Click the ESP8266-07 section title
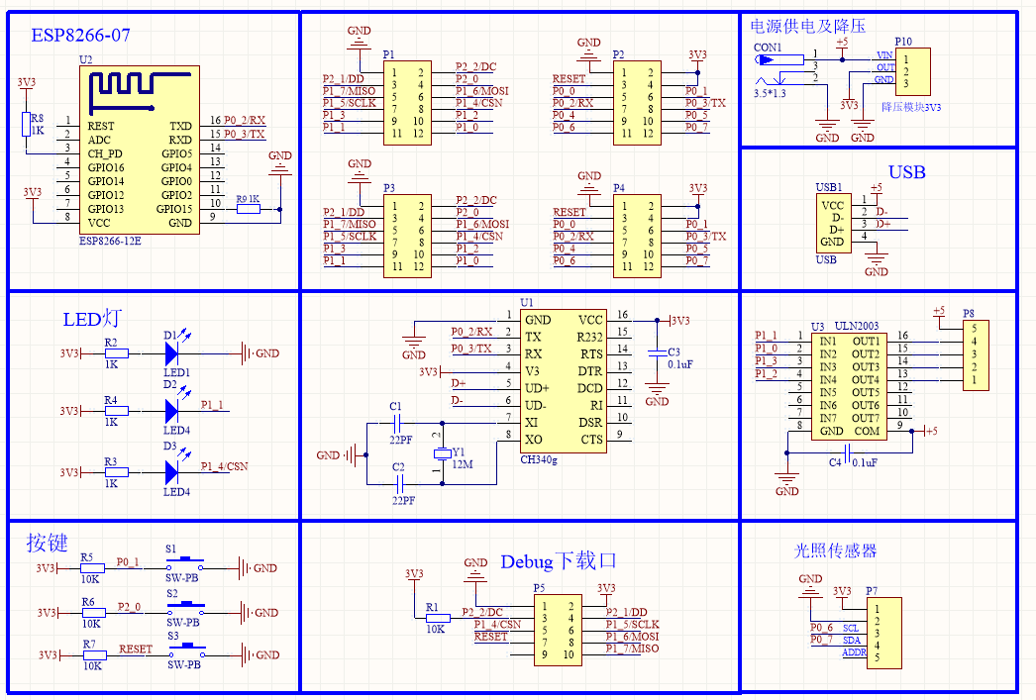tap(80, 36)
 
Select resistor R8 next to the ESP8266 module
tap(27, 123)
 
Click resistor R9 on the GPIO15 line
tap(247, 209)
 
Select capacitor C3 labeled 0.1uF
tap(655, 352)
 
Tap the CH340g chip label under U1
tap(539, 459)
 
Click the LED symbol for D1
tap(173, 351)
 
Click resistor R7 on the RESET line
tap(91, 654)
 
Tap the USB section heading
tap(906, 172)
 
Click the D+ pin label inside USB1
tap(837, 229)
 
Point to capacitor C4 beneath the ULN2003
tap(849, 451)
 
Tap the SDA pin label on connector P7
tap(851, 640)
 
